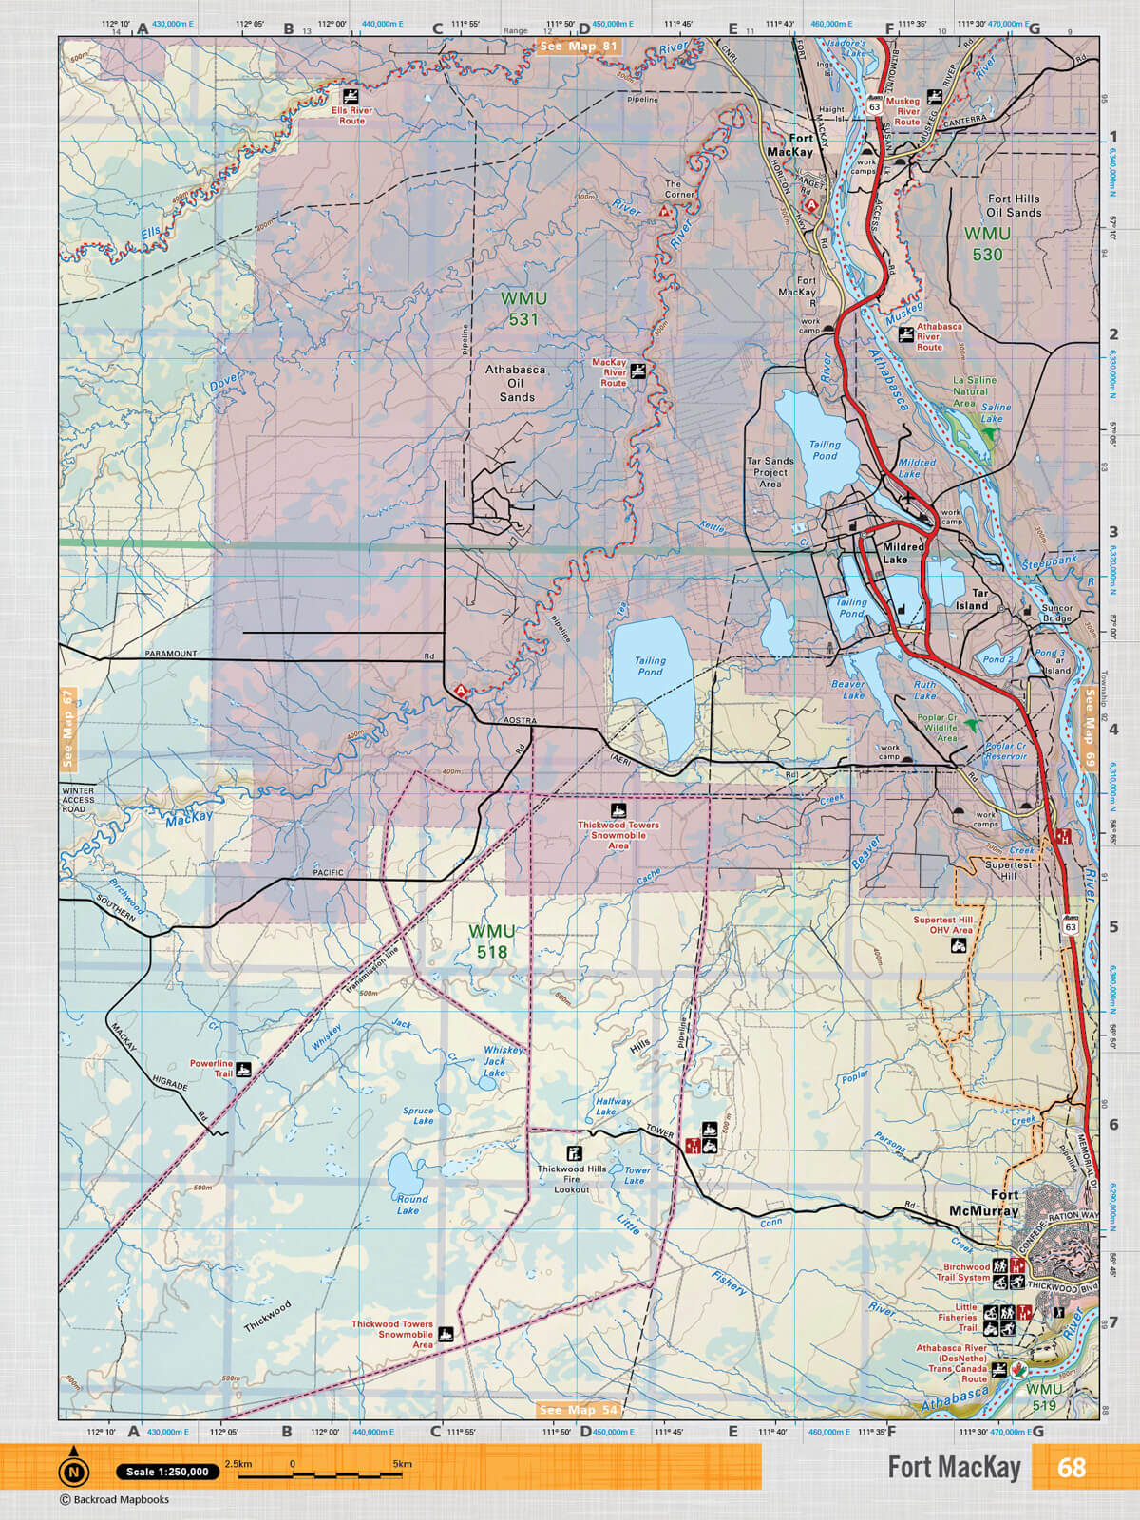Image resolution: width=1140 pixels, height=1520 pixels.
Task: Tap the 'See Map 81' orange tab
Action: point(578,46)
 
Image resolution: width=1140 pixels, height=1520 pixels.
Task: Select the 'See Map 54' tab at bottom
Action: point(579,1410)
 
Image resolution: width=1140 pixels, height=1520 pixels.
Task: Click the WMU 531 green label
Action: point(523,309)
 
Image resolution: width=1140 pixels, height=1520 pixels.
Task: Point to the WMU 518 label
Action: point(492,941)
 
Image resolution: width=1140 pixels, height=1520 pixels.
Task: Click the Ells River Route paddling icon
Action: point(351,96)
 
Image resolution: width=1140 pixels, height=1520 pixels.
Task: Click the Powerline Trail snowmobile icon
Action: point(244,1069)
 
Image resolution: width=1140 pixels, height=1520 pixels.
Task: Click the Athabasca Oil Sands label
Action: point(516,383)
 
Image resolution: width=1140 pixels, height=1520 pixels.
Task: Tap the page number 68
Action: point(1071,1468)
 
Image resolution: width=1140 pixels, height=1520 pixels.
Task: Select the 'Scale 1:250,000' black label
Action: point(167,1472)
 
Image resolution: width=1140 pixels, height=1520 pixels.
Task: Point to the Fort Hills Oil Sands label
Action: point(1014,205)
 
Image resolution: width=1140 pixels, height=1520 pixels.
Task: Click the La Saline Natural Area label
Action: point(975,391)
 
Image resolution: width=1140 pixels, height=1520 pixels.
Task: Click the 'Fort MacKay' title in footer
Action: point(953,1468)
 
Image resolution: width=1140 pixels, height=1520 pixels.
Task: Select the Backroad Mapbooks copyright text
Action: point(114,1500)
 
